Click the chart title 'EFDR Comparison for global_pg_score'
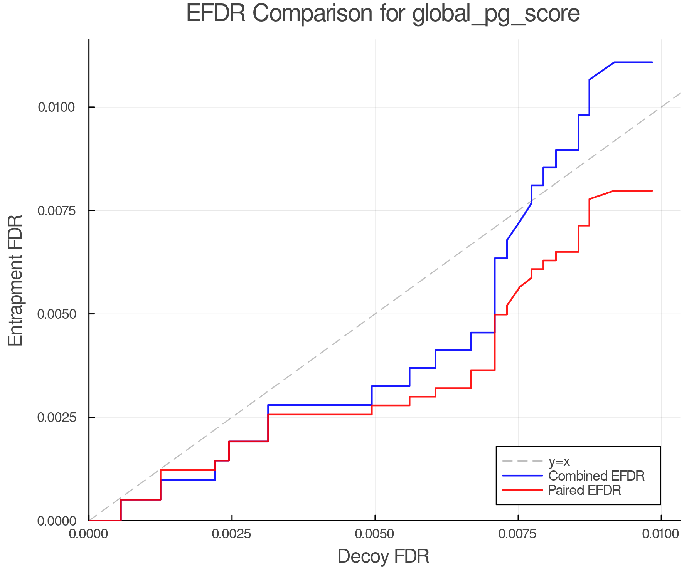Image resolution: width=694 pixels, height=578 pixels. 383,14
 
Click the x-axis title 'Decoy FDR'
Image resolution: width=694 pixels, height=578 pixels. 383,556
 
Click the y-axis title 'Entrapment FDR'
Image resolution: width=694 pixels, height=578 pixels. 16,280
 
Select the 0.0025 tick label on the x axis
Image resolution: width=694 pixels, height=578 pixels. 232,534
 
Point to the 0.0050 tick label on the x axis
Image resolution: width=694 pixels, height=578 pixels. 375,534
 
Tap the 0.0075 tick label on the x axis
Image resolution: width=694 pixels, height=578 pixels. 518,534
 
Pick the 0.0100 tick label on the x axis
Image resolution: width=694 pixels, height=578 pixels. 661,534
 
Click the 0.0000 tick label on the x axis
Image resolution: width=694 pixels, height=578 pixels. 89,534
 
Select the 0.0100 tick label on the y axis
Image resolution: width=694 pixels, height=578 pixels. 56,107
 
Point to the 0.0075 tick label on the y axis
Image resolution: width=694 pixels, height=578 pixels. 56,210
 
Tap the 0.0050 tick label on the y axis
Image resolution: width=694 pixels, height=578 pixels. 56,314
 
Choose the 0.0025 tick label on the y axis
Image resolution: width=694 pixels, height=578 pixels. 56,417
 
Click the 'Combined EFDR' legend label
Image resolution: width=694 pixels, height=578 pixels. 596,476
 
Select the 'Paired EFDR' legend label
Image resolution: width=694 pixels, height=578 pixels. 585,490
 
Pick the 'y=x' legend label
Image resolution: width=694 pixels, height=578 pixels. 559,461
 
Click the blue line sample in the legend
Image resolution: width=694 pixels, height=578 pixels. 522,476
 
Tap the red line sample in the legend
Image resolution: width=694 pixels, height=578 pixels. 522,490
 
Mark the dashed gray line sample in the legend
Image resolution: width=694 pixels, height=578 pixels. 522,461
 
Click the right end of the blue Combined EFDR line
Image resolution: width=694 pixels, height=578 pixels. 652,62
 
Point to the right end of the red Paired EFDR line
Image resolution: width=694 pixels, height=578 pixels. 652,191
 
